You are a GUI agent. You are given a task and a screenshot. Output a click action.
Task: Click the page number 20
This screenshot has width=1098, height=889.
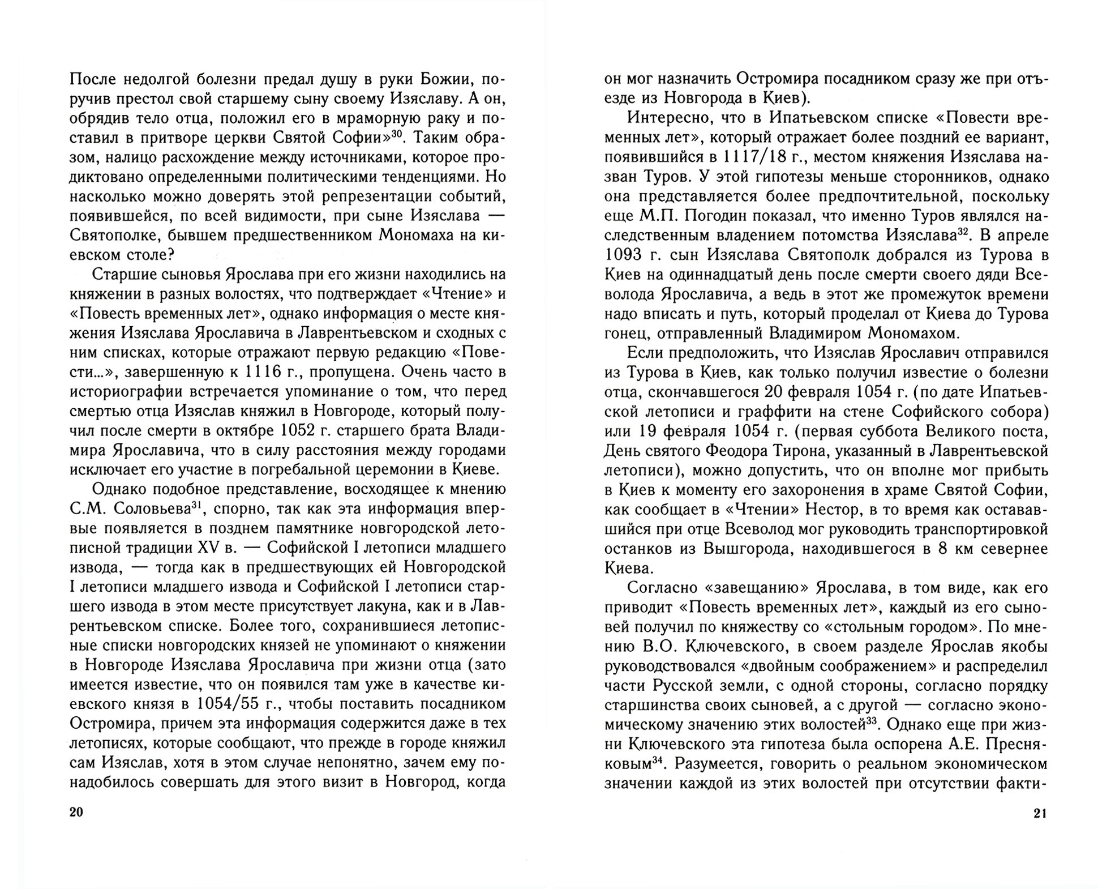point(76,813)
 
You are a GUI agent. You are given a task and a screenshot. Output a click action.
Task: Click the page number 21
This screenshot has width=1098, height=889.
point(1040,814)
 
